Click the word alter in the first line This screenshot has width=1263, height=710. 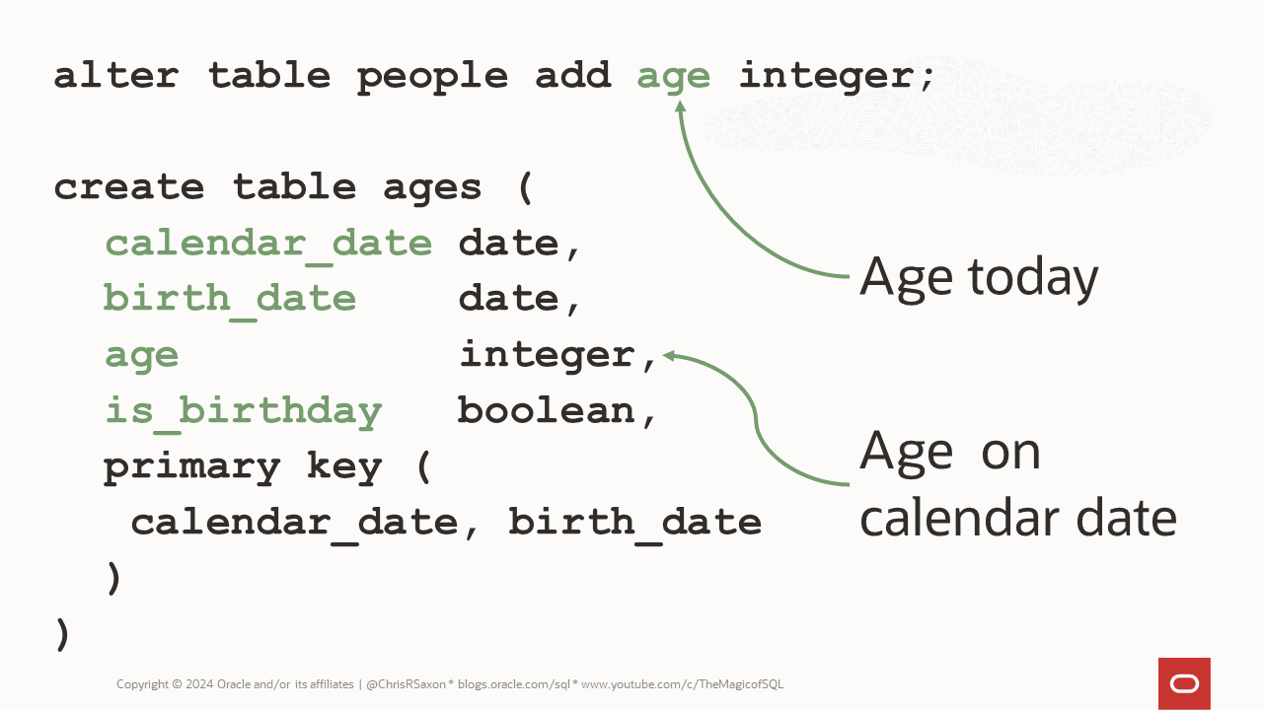click(116, 76)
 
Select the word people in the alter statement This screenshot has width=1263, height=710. click(432, 76)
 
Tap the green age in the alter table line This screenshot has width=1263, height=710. click(674, 76)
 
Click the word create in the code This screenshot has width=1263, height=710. click(129, 187)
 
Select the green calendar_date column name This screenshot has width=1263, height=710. click(268, 244)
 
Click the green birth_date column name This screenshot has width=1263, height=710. click(230, 299)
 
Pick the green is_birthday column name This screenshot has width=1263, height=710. click(243, 410)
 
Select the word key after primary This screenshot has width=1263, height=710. click(343, 466)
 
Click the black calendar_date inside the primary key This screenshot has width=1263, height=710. click(293, 523)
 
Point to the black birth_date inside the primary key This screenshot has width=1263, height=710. click(634, 523)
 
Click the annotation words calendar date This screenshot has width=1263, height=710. click(1017, 518)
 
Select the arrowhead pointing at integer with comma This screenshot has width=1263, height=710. click(669, 355)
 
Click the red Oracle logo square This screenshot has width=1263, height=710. click(1184, 683)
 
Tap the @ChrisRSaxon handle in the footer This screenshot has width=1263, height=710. click(407, 684)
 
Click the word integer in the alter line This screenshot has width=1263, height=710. click(836, 76)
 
